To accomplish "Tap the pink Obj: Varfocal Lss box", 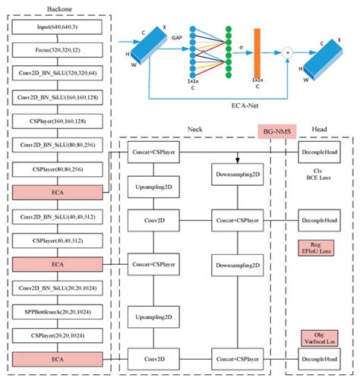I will (318, 338).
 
